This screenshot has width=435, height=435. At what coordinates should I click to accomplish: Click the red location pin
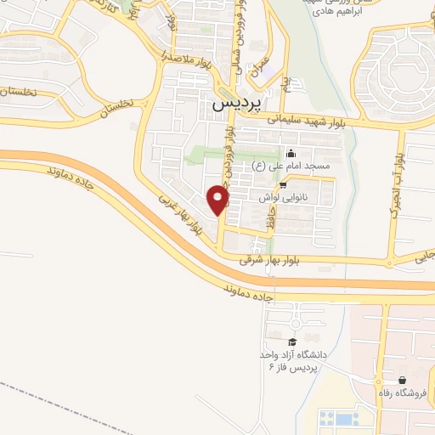pos(218,199)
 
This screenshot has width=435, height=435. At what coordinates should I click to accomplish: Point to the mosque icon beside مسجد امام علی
pos(291,154)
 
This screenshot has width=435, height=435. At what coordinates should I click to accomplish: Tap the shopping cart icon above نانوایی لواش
pos(283,184)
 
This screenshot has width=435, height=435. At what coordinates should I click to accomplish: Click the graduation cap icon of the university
pos(292,341)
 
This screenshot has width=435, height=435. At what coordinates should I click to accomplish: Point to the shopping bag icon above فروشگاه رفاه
pos(401,379)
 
